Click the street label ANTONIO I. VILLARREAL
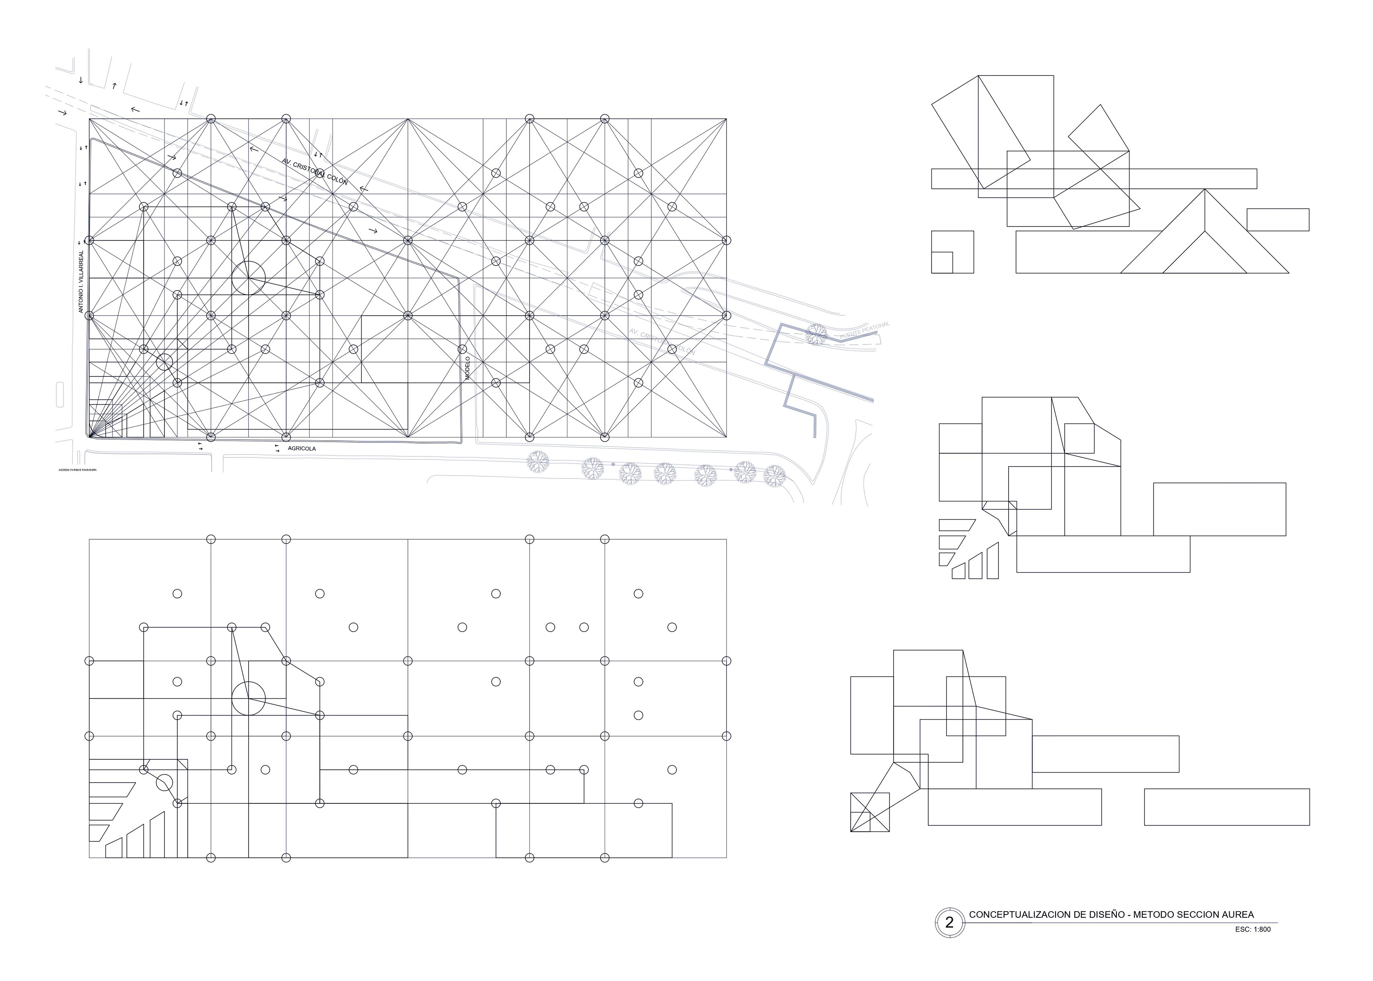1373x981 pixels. click(x=81, y=282)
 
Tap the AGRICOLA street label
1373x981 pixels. click(x=301, y=449)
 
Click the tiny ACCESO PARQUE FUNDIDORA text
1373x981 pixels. click(x=77, y=469)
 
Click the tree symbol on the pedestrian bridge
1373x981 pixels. click(x=816, y=334)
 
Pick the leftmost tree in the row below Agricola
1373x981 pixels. click(x=537, y=462)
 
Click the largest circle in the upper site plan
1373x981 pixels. click(x=248, y=278)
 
